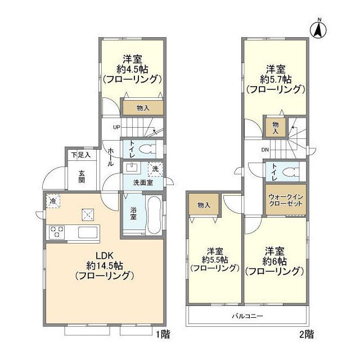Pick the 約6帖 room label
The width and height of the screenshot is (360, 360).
275,260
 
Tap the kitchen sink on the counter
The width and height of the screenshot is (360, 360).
88,232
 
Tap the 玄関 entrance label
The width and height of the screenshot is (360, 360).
82,176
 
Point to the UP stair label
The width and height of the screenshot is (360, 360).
116,127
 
